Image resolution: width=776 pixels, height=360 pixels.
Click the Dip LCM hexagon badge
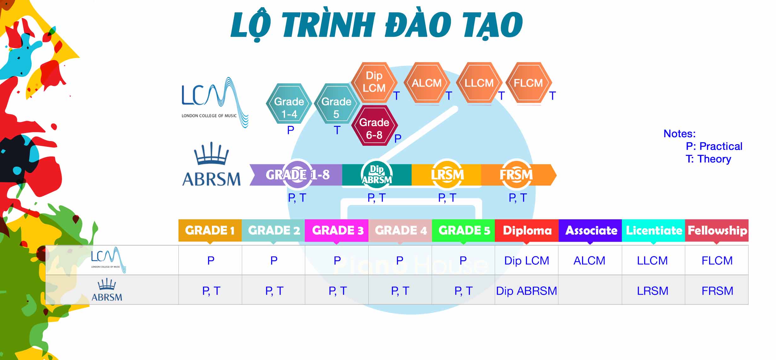coord(374,82)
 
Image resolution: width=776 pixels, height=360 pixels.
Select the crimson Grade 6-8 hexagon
coord(374,126)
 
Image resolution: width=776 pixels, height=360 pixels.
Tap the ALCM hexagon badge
coord(427,83)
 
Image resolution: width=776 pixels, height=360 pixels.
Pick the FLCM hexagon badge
coord(528,83)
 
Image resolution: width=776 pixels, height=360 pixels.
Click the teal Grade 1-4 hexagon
coord(289,103)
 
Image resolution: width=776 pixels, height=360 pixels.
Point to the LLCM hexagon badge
coord(479,83)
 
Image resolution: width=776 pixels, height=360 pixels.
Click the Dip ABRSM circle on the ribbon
coord(376,174)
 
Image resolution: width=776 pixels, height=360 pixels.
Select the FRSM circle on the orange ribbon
coord(516,174)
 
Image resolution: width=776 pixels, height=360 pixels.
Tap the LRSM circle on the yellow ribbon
coord(447,174)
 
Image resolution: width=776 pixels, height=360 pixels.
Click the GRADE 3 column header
coord(337,231)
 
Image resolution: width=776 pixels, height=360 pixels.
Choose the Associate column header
coord(590,231)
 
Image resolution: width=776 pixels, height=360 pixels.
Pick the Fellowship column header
coord(717,231)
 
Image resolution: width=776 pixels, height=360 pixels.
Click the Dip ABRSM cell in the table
coord(527,290)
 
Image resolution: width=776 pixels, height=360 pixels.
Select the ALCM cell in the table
coord(590,261)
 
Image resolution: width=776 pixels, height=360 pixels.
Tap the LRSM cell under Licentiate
coord(653,291)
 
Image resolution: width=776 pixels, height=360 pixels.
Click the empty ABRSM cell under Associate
coord(590,290)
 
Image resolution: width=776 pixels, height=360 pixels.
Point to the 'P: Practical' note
coord(714,146)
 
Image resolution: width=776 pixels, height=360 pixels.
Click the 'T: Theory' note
coord(708,159)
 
